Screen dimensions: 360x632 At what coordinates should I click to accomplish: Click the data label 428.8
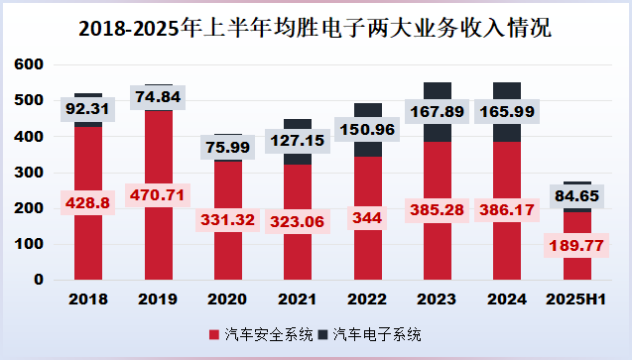(88, 202)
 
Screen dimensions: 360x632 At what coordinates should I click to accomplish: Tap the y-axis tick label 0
(38, 280)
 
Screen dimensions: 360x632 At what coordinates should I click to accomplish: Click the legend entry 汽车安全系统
(265, 334)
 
